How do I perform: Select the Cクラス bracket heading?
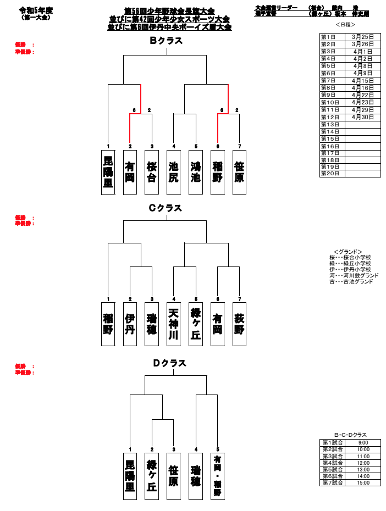(165, 208)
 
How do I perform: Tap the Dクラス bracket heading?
(169, 363)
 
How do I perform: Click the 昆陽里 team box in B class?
(108, 172)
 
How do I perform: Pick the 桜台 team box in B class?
(152, 172)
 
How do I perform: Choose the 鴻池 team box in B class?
(196, 172)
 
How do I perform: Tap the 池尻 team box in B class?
(174, 172)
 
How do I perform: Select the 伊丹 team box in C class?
(130, 324)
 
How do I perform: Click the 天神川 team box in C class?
(174, 324)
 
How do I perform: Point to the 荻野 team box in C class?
(239, 324)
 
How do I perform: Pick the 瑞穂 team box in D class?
(196, 476)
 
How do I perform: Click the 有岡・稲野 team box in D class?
(218, 476)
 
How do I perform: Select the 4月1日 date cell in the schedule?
(363, 51)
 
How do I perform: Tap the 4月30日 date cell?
(363, 117)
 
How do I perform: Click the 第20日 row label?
(332, 174)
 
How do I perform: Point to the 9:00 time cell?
(363, 443)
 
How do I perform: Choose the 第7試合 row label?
(333, 482)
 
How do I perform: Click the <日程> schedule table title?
(345, 25)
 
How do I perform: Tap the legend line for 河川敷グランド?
(354, 275)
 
